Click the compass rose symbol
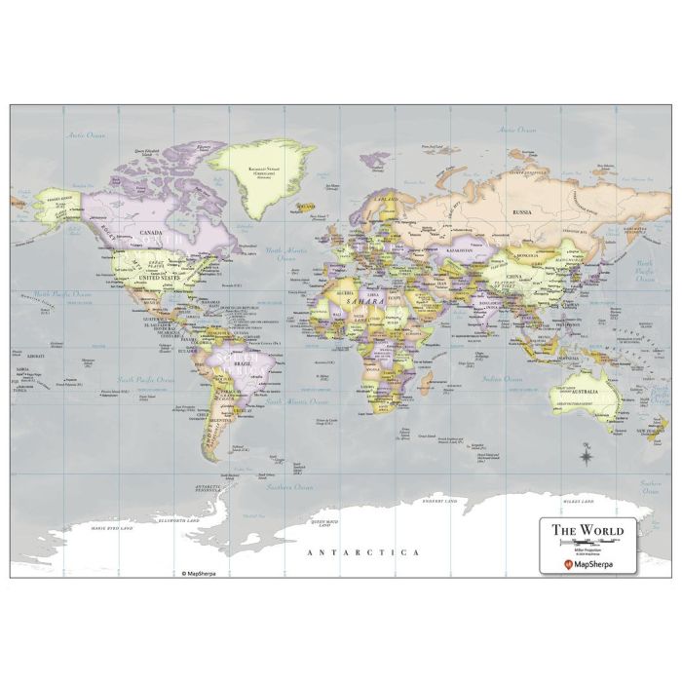tap(587, 452)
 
